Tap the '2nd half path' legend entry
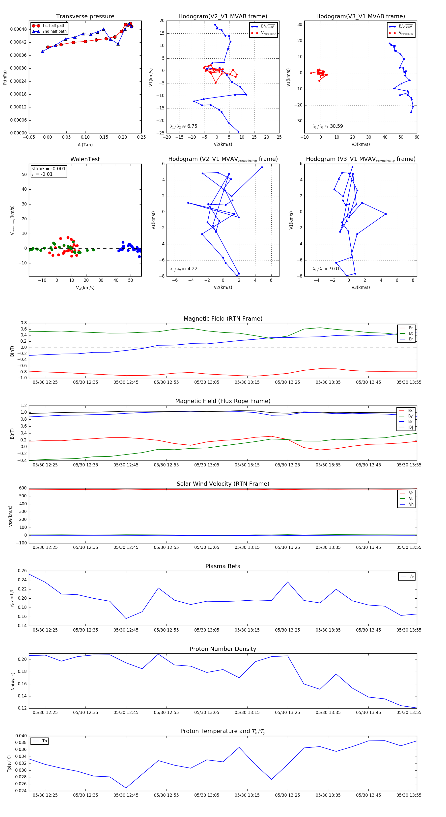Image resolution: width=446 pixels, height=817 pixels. [54, 31]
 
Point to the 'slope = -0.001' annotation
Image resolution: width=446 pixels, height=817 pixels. [49, 169]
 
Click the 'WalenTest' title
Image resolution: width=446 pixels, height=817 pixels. [85, 159]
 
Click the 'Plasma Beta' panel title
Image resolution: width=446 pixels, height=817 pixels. [223, 566]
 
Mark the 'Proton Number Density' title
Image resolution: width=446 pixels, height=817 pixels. [223, 649]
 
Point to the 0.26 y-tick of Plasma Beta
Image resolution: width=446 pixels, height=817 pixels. [22, 571]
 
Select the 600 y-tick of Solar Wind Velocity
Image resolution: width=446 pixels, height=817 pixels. [23, 488]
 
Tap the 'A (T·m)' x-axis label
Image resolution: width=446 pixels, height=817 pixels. [85, 145]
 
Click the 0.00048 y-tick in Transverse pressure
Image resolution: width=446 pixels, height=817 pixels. [18, 29]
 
